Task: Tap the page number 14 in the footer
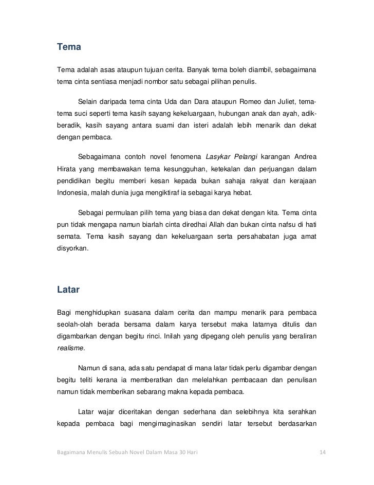pos(323,452)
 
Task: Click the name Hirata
pos(67,169)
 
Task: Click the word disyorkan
pos(72,249)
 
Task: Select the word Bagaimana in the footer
pos(71,452)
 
